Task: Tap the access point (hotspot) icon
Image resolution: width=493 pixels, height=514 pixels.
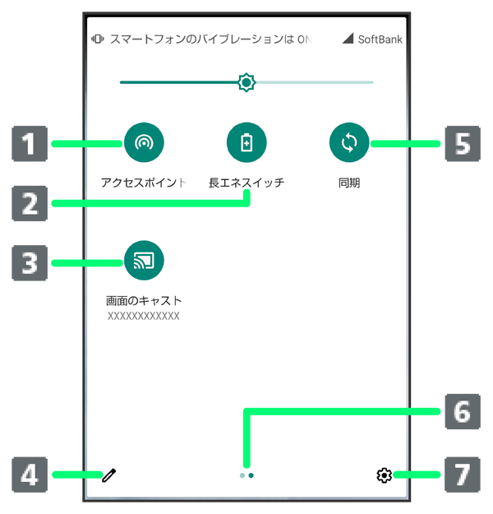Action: tap(144, 143)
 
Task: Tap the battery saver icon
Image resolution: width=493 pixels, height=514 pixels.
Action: tap(246, 143)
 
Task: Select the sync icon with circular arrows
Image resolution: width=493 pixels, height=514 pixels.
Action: tap(349, 143)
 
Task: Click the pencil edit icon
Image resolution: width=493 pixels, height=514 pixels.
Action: tap(108, 475)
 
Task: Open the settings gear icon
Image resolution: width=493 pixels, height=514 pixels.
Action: tap(384, 475)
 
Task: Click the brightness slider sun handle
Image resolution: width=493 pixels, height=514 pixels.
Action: tap(246, 82)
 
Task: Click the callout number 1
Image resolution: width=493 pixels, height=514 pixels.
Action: tap(29, 145)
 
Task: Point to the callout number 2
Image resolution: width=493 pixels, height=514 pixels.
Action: tap(29, 203)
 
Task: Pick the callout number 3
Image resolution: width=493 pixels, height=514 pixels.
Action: tap(29, 263)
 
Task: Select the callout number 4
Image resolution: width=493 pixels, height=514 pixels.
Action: tap(29, 475)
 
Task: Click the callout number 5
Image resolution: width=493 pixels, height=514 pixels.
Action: tap(463, 145)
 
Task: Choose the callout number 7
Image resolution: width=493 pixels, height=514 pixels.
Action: tap(463, 475)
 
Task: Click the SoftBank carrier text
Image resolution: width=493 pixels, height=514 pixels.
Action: tap(380, 39)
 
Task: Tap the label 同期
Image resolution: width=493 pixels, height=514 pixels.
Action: tap(349, 183)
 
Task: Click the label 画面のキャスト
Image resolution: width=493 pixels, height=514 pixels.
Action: tap(144, 301)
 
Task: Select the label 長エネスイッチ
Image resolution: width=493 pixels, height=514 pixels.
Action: tap(246, 183)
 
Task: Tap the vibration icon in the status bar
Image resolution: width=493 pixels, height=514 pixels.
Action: tap(98, 39)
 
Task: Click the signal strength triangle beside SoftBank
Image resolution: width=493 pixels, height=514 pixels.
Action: tap(348, 39)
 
